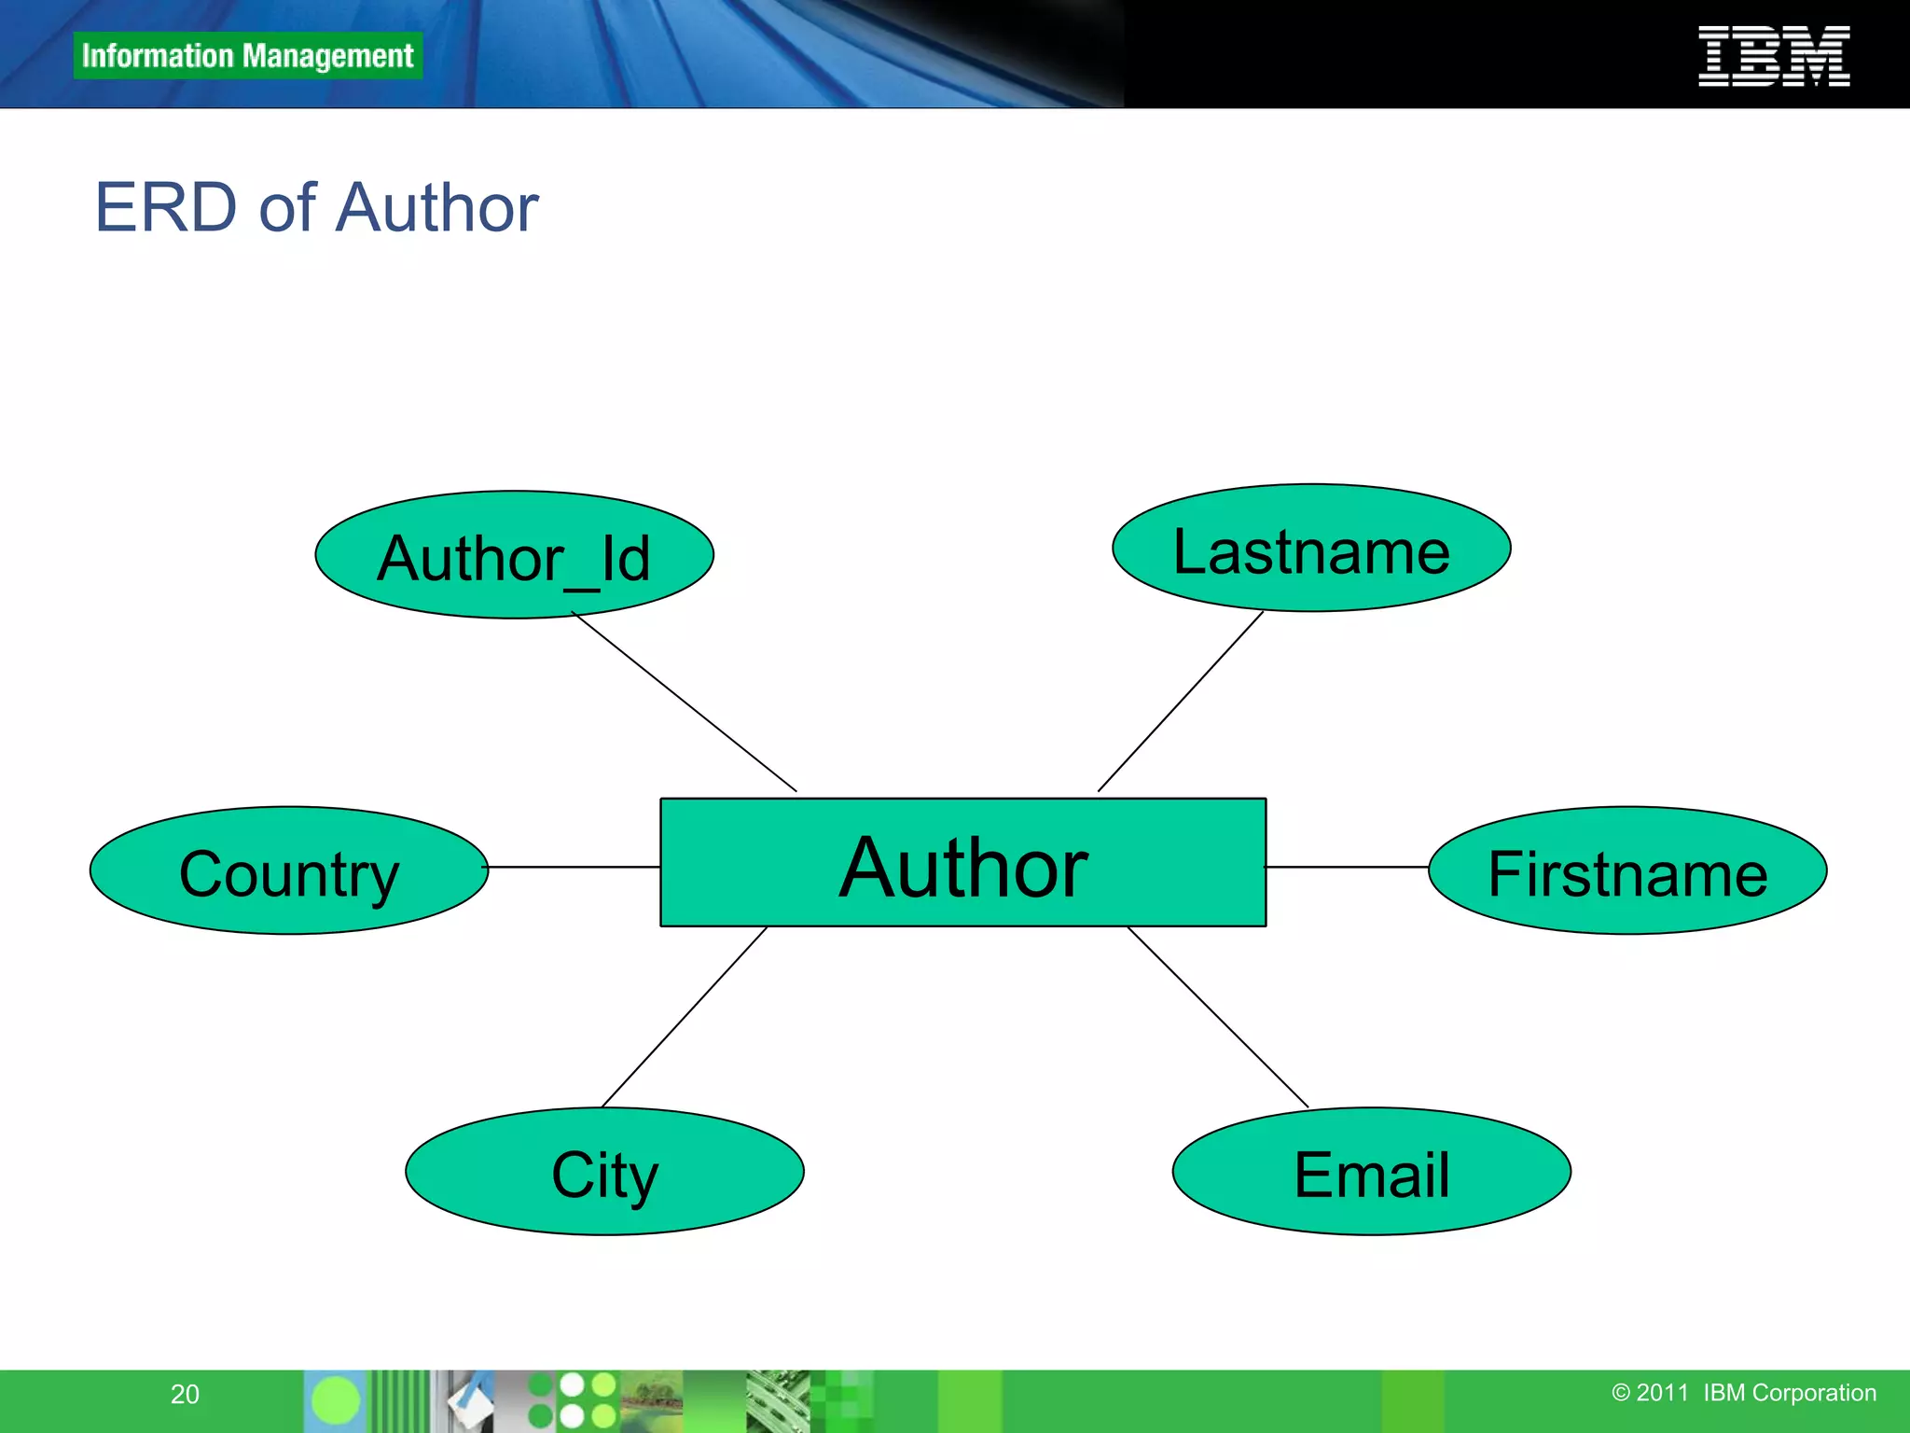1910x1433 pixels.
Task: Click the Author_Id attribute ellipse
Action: (x=514, y=555)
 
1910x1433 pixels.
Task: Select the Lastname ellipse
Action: (x=1310, y=549)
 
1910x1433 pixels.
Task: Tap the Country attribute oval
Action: (x=289, y=870)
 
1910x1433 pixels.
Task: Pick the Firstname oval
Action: (x=1626, y=870)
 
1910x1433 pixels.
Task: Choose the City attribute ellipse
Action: (x=604, y=1172)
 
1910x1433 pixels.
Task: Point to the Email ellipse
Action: (x=1371, y=1172)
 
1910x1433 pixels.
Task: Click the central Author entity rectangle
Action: (x=962, y=863)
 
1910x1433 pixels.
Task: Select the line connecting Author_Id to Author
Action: (x=685, y=702)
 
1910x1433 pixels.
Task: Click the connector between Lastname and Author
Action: (x=1181, y=702)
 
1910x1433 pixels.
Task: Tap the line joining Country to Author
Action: (x=574, y=867)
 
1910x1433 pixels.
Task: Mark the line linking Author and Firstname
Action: (x=1347, y=867)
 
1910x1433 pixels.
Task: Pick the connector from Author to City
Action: (x=685, y=1017)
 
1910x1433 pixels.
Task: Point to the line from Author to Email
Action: (x=1218, y=1017)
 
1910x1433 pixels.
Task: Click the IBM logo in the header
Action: (x=1774, y=56)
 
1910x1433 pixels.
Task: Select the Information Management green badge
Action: (x=247, y=56)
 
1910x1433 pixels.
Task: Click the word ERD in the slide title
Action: (x=166, y=207)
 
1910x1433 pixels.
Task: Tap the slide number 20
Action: (x=185, y=1394)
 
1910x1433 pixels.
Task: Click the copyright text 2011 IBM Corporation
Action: (x=1743, y=1393)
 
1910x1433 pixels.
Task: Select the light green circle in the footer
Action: (x=335, y=1400)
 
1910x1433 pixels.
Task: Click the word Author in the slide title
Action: (x=436, y=207)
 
